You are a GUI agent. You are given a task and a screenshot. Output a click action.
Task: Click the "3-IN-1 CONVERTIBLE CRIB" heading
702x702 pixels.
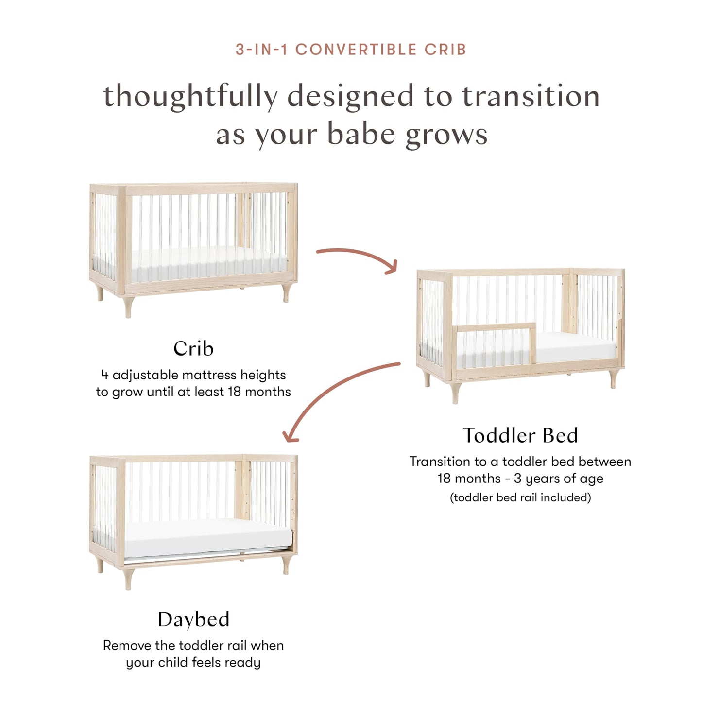pos(351,50)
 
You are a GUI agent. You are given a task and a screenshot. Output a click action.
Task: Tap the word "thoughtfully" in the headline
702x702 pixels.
pos(190,97)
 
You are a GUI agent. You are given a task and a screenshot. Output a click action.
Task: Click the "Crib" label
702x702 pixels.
pos(193,349)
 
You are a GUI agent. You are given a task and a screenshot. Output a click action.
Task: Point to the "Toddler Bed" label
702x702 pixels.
pos(520,435)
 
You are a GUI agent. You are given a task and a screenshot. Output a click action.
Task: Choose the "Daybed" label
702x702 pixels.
pos(193,619)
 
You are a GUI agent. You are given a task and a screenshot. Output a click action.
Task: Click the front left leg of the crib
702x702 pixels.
pos(128,307)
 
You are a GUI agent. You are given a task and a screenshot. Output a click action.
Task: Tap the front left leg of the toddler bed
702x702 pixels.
pos(455,393)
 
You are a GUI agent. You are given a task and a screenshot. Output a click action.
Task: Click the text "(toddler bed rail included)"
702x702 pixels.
pos(520,497)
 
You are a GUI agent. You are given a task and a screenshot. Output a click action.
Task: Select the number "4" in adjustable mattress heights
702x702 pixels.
pos(104,375)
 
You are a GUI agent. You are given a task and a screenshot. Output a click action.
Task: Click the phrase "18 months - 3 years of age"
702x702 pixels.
pos(520,479)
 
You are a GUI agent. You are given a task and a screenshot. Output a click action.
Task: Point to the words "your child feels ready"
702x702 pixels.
pos(193,663)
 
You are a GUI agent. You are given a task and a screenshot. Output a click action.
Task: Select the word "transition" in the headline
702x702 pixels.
pos(531,97)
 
